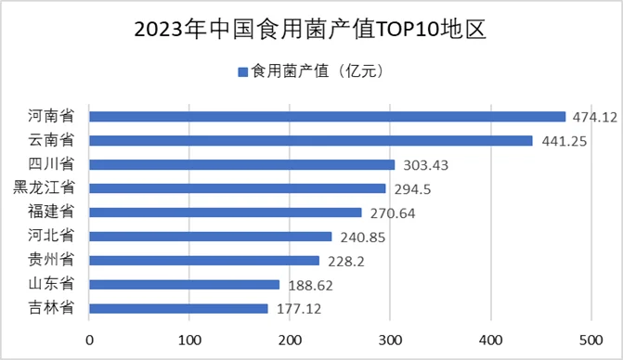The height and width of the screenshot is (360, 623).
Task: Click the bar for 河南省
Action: [327, 117]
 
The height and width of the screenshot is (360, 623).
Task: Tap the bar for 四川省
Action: [241, 165]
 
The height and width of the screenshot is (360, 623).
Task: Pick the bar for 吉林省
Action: [178, 309]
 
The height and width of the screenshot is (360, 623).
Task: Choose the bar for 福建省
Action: [225, 212]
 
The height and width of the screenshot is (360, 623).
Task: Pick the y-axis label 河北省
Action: [53, 237]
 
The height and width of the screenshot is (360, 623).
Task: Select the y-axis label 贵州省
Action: [53, 261]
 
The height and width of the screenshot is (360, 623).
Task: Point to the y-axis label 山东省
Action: [53, 285]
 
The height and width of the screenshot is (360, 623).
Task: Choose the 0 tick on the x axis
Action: [89, 340]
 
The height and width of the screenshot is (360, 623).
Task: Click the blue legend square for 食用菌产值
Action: [242, 71]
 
